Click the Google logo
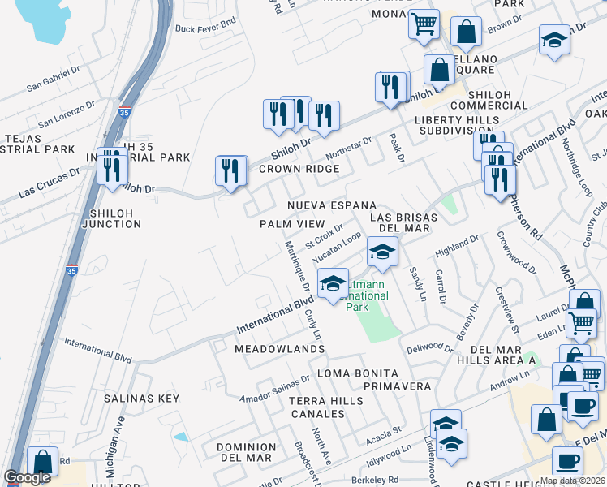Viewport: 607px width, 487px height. click(27, 478)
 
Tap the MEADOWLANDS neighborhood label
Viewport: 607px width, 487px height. click(279, 349)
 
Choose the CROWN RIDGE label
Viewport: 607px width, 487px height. click(299, 169)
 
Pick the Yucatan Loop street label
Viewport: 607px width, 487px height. click(337, 247)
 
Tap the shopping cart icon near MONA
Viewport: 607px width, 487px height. click(424, 24)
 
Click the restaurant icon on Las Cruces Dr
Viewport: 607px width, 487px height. click(111, 170)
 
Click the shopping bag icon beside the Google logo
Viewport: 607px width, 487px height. click(43, 461)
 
